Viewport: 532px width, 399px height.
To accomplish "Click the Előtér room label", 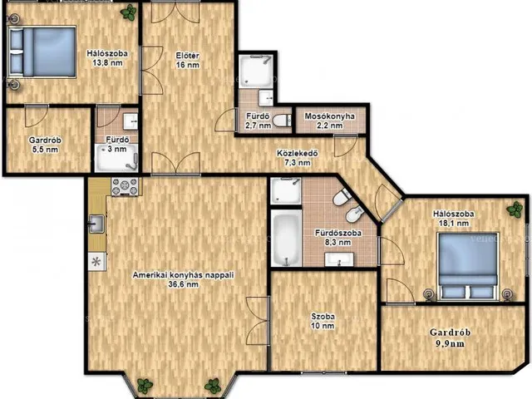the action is coord(188,60).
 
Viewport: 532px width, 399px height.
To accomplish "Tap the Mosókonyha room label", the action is coord(329,121).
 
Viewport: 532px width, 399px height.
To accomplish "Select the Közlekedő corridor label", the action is coord(298,158).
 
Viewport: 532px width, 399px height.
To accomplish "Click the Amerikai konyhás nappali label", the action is coord(183,279).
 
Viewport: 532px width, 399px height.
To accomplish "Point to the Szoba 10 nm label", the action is coord(323,321).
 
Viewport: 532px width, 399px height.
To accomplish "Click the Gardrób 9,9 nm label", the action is coord(450,337).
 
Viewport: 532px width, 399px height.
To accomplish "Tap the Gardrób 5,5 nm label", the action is coord(45,145).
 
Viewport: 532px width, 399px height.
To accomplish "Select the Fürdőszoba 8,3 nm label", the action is coord(338,238).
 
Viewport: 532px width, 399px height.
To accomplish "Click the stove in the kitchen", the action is coord(125,186).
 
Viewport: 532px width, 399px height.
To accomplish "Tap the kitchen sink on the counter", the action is coord(96,224).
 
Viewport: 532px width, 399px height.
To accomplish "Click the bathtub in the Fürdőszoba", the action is coord(286,238).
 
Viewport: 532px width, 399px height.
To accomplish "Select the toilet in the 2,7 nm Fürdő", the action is coord(282,121).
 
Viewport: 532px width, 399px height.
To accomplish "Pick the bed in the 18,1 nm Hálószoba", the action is coord(467,266).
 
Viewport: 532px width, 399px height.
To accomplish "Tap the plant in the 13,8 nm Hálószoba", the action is coord(129,13).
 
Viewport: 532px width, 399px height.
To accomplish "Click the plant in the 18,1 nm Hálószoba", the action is coord(515,209).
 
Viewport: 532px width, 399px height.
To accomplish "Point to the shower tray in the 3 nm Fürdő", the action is coord(116,158).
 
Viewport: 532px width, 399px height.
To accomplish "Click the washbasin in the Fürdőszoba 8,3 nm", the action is coord(339,259).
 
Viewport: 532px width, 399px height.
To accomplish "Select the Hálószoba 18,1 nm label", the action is coord(453,219).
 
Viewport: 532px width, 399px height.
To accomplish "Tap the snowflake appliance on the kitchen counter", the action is coord(96,262).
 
